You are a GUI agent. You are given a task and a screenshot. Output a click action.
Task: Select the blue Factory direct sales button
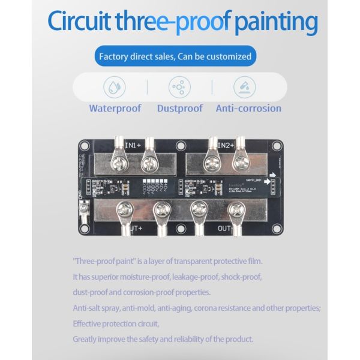click(x=174, y=57)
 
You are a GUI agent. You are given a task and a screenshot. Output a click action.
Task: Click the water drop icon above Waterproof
click(x=114, y=87)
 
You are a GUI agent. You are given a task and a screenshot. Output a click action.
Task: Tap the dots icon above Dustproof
click(x=178, y=87)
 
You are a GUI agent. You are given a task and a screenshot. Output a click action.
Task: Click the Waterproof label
click(x=115, y=109)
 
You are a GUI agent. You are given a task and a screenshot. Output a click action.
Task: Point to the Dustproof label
click(x=180, y=109)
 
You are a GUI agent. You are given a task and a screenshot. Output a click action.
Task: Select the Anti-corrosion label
click(x=248, y=109)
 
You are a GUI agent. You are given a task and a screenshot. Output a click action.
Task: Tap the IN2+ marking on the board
click(x=226, y=145)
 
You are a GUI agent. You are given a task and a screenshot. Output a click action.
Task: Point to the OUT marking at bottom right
click(x=224, y=229)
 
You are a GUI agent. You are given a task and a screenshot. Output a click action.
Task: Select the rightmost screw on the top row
click(x=241, y=160)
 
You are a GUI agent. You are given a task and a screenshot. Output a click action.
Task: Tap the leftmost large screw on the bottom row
click(x=125, y=209)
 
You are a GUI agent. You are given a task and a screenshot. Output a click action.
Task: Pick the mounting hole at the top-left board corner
click(x=85, y=145)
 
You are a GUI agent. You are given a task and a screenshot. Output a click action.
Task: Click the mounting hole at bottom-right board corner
click(x=276, y=229)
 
